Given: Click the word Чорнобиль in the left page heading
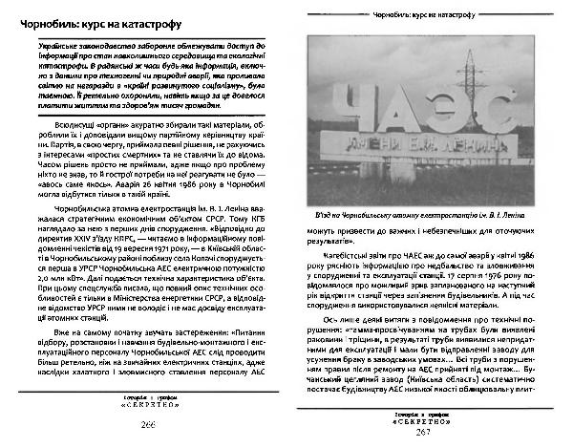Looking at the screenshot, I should pyautogui.click(x=56, y=20).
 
